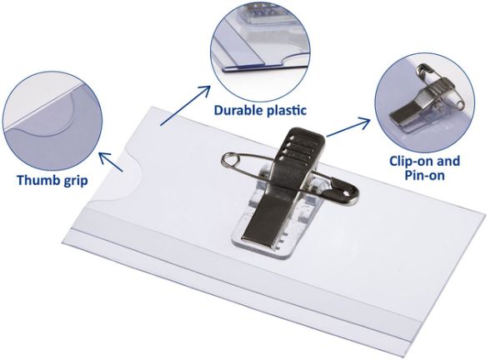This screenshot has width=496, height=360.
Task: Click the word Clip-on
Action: click(x=412, y=161)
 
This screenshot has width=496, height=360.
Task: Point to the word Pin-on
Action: click(x=425, y=175)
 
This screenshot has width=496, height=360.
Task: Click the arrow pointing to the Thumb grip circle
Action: click(x=111, y=162)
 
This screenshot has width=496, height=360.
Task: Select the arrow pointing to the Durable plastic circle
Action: click(x=185, y=105)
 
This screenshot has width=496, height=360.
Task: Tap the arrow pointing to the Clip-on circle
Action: click(x=348, y=127)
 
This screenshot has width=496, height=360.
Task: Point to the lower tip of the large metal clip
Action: click(x=257, y=242)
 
